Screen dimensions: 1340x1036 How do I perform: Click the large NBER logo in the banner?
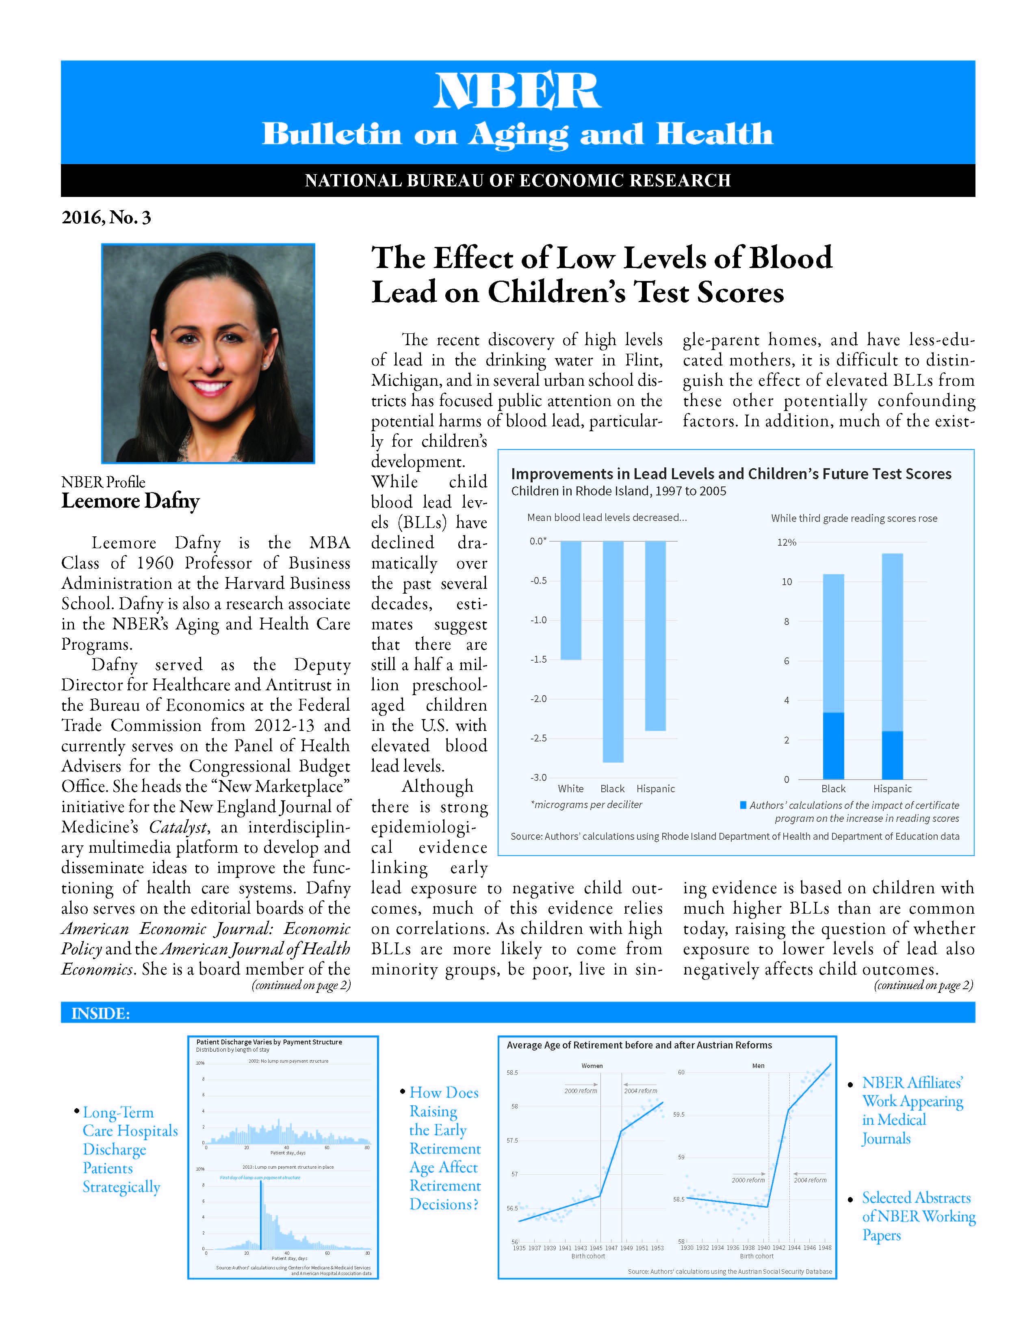(x=517, y=91)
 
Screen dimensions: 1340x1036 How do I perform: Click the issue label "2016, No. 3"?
(x=106, y=218)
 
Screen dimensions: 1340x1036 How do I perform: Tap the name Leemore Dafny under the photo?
(x=130, y=501)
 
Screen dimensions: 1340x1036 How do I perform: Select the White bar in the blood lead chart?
(x=571, y=600)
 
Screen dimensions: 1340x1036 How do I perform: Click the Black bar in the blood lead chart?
(x=613, y=652)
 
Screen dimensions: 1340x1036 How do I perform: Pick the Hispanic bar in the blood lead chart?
(x=655, y=635)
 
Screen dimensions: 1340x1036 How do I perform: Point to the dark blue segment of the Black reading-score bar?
(x=833, y=746)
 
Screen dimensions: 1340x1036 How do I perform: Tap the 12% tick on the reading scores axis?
(x=786, y=542)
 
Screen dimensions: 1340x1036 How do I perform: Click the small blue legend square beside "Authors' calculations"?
(x=743, y=805)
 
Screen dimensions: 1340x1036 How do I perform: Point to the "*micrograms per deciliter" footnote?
(x=586, y=804)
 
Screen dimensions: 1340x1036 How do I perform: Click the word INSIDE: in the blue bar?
(x=101, y=1014)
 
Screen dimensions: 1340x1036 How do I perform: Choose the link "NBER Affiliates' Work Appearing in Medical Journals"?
(x=912, y=1111)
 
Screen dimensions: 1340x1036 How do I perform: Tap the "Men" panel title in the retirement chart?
(x=758, y=1066)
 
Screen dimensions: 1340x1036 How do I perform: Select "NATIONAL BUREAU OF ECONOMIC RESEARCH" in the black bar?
(x=517, y=180)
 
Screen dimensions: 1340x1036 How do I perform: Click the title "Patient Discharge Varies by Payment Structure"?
(x=269, y=1042)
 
